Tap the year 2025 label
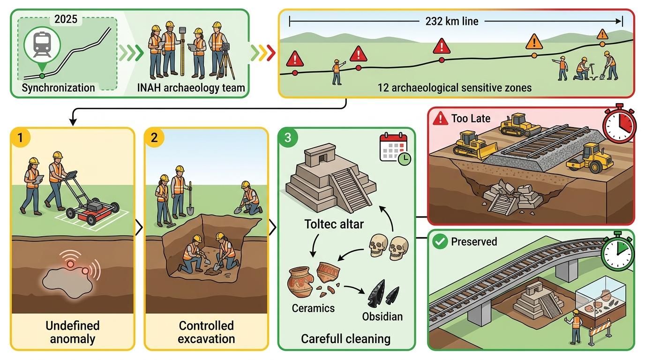tap(66, 20)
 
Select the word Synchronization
tap(58, 88)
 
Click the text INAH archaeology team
tap(190, 88)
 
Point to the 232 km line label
tap(452, 21)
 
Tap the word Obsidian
tap(382, 316)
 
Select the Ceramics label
tap(313, 308)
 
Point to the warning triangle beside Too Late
tap(441, 119)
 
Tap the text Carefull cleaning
tap(346, 338)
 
